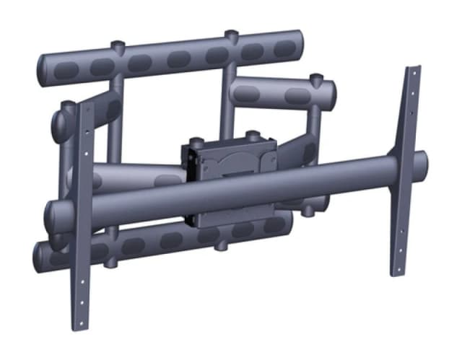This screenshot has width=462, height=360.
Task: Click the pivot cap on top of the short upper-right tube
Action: (x=313, y=75)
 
